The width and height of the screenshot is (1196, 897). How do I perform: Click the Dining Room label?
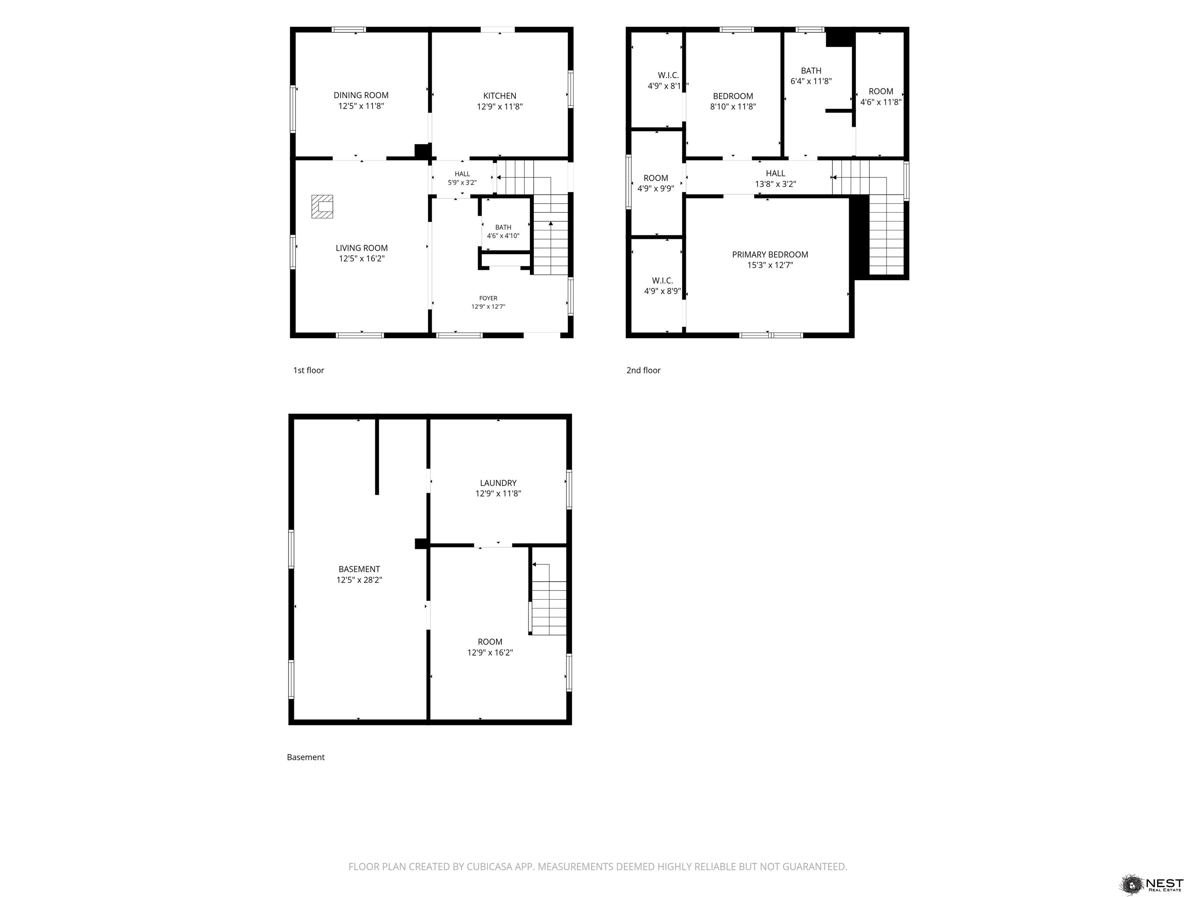(361, 100)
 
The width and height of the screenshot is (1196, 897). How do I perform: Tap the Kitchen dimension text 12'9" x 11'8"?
(500, 107)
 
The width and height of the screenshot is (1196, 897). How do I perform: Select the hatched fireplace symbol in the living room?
(322, 207)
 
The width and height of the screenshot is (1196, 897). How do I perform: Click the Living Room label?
(362, 253)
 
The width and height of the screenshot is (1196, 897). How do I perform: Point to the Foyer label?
(488, 302)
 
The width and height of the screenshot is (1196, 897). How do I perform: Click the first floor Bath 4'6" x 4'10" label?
(503, 231)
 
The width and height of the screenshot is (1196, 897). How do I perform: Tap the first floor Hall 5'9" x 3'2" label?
(462, 178)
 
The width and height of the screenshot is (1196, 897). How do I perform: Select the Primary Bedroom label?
(770, 260)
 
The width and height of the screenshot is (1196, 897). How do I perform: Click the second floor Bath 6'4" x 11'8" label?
(811, 76)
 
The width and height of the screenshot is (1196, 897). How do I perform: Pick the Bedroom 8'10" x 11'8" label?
(733, 101)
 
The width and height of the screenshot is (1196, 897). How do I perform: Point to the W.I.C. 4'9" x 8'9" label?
(662, 285)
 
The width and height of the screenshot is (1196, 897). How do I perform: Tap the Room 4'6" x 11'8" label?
(881, 96)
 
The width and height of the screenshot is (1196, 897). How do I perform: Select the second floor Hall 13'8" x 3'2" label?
(776, 178)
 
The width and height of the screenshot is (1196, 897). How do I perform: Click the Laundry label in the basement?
(498, 483)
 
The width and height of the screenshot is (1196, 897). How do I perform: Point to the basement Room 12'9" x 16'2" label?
(490, 647)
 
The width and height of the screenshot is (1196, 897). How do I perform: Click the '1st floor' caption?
(308, 370)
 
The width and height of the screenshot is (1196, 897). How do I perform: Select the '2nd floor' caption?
(644, 370)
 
